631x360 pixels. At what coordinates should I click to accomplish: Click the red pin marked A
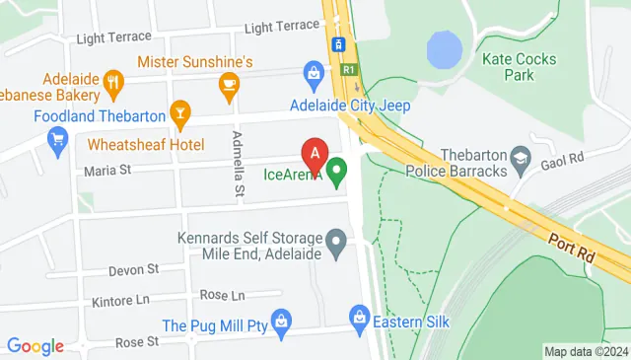[x=315, y=155]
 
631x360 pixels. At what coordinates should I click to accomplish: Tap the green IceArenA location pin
[x=337, y=173]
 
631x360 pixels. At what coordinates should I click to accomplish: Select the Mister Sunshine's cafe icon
[x=229, y=84]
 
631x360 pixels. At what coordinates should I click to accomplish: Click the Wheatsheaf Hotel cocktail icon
[x=179, y=113]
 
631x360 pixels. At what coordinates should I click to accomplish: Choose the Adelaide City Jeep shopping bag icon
[x=314, y=72]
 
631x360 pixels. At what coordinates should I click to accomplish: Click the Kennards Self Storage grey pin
[x=336, y=240]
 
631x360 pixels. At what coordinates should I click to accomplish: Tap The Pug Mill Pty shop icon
[x=281, y=321]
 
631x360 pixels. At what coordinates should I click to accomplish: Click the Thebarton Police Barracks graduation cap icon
[x=519, y=158]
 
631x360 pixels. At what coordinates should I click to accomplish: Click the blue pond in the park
[x=445, y=48]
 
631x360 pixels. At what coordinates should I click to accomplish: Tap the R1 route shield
[x=349, y=70]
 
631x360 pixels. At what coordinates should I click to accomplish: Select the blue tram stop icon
[x=338, y=44]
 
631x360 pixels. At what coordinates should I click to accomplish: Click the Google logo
[x=35, y=346]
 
